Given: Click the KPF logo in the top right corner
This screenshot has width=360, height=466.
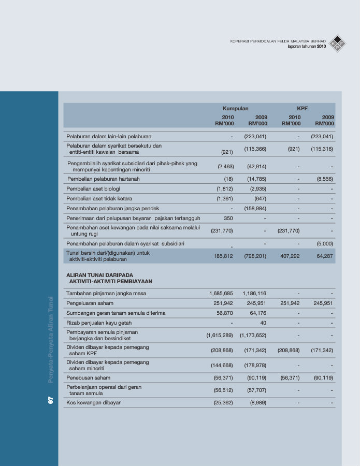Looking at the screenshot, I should [x=338, y=43].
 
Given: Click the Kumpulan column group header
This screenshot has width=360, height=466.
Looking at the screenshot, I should [x=235, y=109].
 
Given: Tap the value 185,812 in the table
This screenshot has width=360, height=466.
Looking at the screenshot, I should [x=224, y=256].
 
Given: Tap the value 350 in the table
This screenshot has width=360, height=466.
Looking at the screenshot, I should [x=228, y=219].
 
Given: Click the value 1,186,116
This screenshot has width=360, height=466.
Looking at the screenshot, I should [x=254, y=294].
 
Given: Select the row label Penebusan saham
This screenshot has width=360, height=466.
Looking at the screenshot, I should [x=85, y=378].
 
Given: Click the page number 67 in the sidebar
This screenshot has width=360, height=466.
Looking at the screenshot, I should [x=51, y=400].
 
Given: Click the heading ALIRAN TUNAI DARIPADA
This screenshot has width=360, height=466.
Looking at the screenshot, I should [x=99, y=275].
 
